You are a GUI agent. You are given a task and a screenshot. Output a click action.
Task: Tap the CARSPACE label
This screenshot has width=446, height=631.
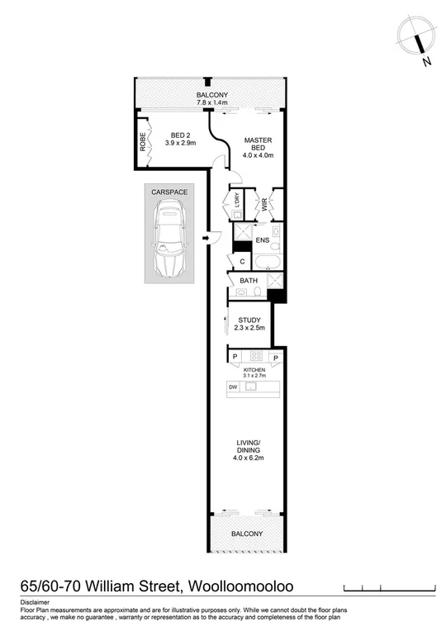coord(168,192)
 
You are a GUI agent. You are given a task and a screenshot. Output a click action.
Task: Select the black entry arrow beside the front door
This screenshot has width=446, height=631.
coord(195,237)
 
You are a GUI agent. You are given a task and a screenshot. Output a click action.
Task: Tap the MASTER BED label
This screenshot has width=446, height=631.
coord(259,145)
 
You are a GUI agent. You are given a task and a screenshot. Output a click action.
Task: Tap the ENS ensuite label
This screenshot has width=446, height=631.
coord(262,240)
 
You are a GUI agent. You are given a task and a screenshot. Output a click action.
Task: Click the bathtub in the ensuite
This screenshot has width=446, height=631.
coord(267,263)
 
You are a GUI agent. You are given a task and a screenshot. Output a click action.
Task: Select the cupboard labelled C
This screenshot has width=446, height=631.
coord(242,263)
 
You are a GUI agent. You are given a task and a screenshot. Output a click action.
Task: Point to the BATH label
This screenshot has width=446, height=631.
coord(249,281)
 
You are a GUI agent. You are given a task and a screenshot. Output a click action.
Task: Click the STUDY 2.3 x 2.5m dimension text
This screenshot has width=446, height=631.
coord(249,329)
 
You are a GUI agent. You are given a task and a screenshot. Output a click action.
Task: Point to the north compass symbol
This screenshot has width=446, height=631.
coord(417,40)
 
